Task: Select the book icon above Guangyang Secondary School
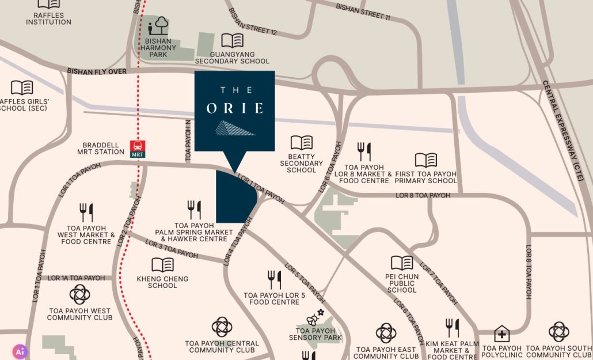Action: [232, 41]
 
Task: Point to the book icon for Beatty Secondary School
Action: [301, 142]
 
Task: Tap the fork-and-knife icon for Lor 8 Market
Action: [364, 151]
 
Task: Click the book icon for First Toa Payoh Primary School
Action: [425, 160]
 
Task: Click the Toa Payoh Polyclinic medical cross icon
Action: [501, 334]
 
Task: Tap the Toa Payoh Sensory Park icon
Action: [315, 317]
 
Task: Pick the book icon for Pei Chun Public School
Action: [402, 263]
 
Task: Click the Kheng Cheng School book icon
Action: [162, 265]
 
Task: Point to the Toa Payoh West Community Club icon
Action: [79, 294]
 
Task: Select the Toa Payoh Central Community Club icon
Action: [222, 327]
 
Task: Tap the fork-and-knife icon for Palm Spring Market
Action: [194, 210]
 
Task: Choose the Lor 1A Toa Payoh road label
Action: [76, 278]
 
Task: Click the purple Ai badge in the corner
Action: [20, 351]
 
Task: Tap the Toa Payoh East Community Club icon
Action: [386, 333]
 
